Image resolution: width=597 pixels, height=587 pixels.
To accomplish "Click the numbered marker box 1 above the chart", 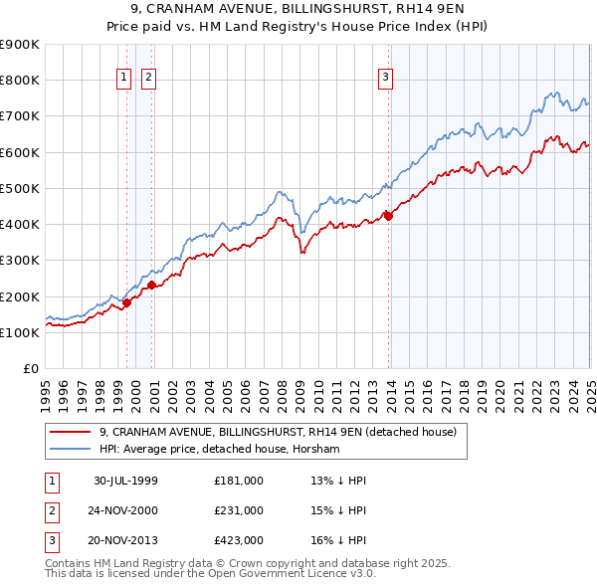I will (123, 79).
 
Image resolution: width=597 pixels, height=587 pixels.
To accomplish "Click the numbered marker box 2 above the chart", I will (148, 79).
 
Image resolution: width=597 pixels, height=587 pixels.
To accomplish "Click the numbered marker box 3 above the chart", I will (385, 79).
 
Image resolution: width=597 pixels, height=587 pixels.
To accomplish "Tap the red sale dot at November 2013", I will (389, 215).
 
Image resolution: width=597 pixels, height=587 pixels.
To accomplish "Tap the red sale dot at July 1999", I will (127, 302).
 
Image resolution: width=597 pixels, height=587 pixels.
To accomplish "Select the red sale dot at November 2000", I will (151, 285).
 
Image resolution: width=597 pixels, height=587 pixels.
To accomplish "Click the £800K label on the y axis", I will (21, 81).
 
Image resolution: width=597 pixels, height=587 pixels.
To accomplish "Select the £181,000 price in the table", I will (239, 481).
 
